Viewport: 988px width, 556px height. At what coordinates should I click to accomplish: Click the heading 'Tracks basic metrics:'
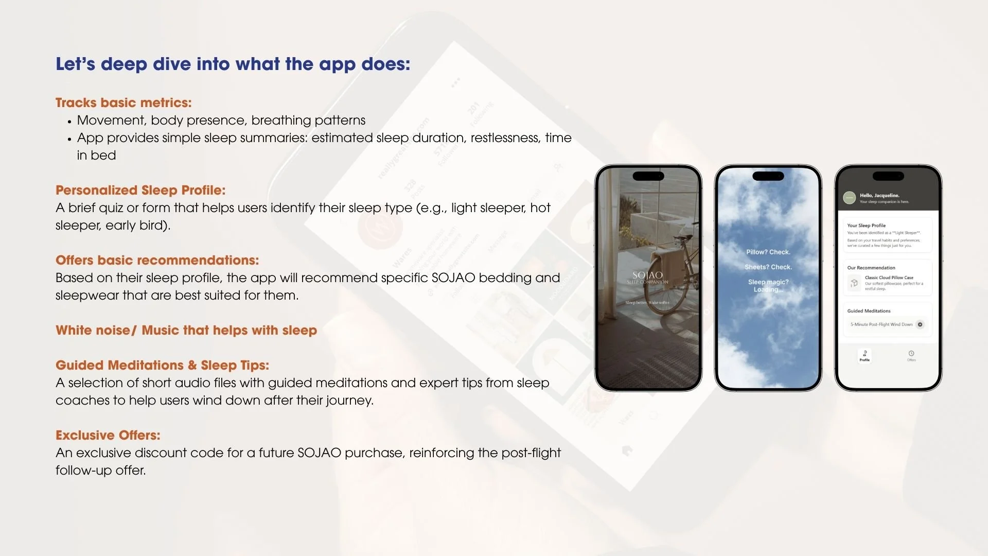123,103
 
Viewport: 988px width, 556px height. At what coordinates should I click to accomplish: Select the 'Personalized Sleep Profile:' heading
140,190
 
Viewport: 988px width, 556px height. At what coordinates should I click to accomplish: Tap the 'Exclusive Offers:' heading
108,436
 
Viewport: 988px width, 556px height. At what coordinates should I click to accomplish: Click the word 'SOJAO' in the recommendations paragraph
453,278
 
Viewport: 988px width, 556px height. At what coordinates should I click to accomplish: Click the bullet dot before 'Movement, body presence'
69,122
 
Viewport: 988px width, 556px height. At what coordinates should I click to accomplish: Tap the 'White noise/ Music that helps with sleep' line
186,331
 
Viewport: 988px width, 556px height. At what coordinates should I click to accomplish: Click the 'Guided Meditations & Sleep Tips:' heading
162,366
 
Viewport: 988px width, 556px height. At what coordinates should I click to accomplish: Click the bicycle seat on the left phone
684,237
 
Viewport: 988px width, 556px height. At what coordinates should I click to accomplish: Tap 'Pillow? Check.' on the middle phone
768,252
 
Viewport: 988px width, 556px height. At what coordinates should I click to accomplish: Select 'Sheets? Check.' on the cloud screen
768,267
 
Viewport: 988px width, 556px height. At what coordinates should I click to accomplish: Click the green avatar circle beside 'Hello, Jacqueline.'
849,198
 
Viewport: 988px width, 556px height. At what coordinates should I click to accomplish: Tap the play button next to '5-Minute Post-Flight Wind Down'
920,324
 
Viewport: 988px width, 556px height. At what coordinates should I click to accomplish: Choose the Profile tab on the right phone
864,355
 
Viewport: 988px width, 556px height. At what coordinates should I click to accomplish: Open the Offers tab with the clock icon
911,355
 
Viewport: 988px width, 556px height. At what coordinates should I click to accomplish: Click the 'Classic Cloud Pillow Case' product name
889,277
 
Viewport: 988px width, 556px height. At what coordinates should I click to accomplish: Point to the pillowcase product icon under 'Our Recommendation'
854,283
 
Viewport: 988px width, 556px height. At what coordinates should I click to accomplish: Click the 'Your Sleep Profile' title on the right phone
866,225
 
